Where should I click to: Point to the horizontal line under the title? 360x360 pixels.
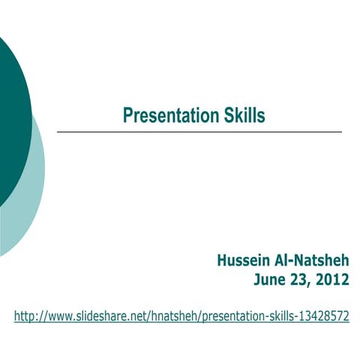point(199,133)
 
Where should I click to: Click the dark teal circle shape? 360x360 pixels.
point(12,112)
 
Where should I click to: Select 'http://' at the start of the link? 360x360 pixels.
point(28,316)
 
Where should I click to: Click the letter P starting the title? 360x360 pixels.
point(127,115)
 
